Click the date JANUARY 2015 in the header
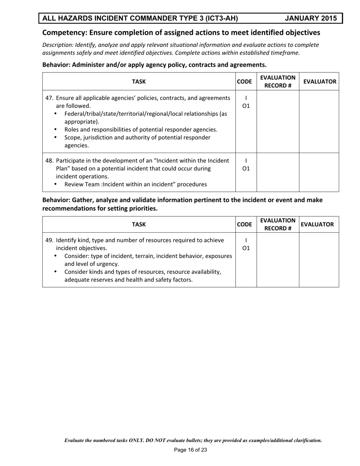click(311, 18)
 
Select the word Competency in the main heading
click(64, 33)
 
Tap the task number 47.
click(50, 98)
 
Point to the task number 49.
click(50, 240)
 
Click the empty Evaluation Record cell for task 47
click(278, 121)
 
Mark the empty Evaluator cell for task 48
click(319, 172)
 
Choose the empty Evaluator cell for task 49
click(319, 260)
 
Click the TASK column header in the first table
click(139, 81)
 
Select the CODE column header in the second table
click(246, 224)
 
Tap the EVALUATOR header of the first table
click(319, 81)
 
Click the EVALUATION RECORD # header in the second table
click(278, 224)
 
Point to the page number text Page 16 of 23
click(190, 450)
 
